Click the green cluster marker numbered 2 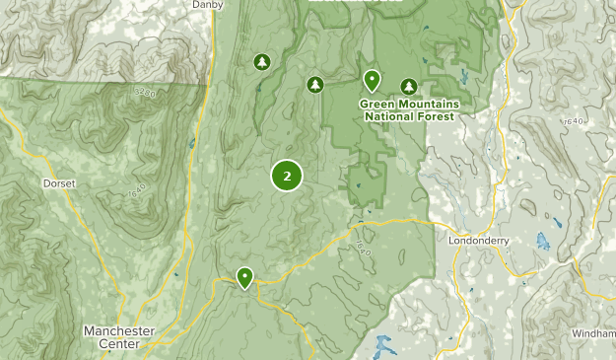click(287, 177)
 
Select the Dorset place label click(59, 183)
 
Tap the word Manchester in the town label click(119, 330)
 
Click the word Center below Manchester click(119, 344)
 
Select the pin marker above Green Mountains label click(373, 80)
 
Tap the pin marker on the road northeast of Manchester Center click(243, 277)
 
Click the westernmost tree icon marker click(261, 62)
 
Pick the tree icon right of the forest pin click(409, 86)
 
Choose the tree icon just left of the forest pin click(315, 85)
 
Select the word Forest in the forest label click(436, 116)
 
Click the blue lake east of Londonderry click(543, 241)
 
